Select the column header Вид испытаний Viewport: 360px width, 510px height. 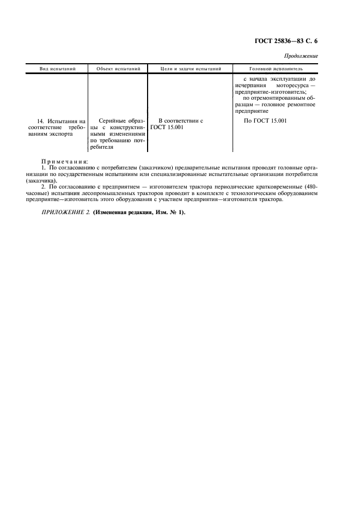pyautogui.click(x=57, y=69)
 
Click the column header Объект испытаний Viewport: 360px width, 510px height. pyautogui.click(x=118, y=69)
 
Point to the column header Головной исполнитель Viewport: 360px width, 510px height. pyautogui.click(x=276, y=69)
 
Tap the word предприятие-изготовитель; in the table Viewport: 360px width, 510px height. pyautogui.click(x=271, y=92)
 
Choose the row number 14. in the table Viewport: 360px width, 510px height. pyautogui.click(x=40, y=120)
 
